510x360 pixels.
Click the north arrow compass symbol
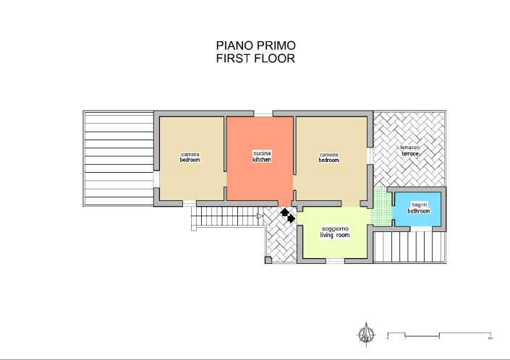[x=367, y=333]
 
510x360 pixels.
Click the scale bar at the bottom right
[x=440, y=335]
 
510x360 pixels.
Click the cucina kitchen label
[x=262, y=156]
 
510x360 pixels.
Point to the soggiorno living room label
[x=335, y=233]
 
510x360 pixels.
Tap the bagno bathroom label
[x=419, y=208]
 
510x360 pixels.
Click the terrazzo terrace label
[x=410, y=151]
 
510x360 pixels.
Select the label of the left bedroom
[x=190, y=156]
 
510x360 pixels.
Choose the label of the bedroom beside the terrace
[x=329, y=156]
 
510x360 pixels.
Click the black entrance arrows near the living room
[x=288, y=215]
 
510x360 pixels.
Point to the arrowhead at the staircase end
[x=258, y=215]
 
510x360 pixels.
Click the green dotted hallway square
[x=380, y=206]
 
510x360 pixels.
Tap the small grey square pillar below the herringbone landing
[x=268, y=259]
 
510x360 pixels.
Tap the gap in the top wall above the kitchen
[x=263, y=113]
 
